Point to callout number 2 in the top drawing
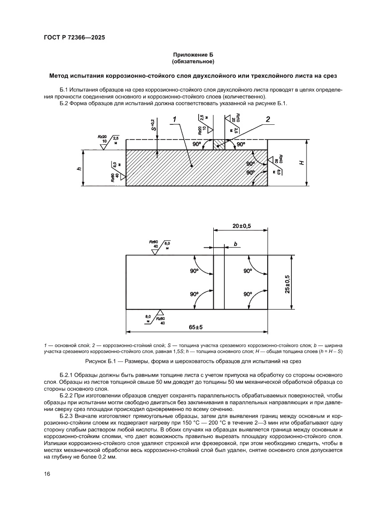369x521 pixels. point(268,119)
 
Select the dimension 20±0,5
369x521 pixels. point(241,226)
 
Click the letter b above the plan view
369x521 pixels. point(235,244)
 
